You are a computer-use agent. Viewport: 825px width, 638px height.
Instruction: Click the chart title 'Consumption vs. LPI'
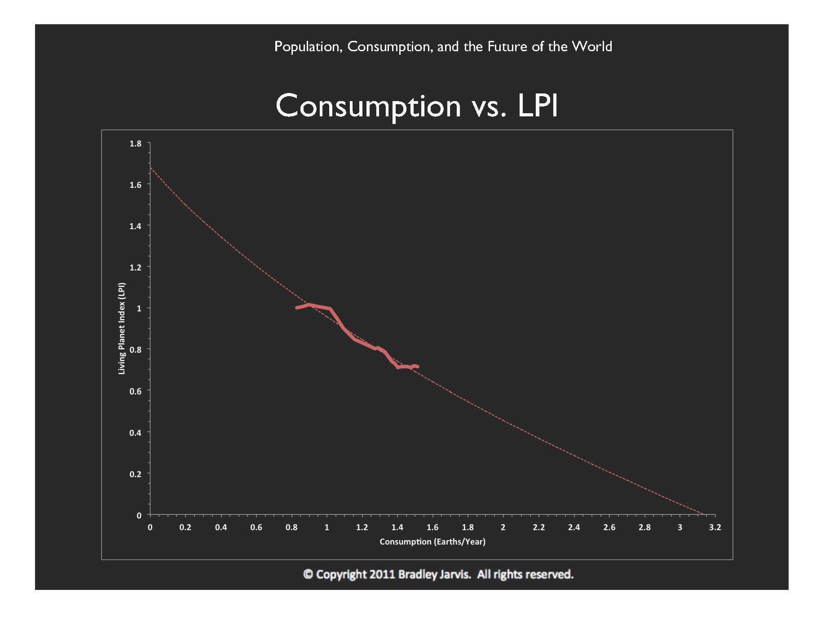tap(416, 106)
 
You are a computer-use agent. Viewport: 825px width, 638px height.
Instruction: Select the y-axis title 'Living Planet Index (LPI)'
tap(122, 328)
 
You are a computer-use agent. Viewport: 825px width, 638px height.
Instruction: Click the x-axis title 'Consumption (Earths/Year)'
tap(432, 542)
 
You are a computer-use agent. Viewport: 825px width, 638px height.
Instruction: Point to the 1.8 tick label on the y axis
tap(135, 144)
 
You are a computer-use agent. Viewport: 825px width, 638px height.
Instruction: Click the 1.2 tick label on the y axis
tap(135, 267)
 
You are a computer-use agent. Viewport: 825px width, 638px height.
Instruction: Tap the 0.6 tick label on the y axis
tap(135, 391)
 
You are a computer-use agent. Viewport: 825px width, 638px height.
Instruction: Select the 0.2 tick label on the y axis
tap(135, 474)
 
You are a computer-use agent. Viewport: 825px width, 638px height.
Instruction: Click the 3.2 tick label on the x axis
tap(715, 527)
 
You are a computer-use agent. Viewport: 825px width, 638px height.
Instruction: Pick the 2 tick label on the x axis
tap(503, 527)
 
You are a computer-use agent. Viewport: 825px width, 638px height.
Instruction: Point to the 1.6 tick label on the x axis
tap(432, 527)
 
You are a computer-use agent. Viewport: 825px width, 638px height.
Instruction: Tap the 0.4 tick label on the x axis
tap(221, 527)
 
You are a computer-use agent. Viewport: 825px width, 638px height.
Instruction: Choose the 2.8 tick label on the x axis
tap(644, 527)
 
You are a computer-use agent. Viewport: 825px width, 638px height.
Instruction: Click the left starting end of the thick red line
tap(296, 308)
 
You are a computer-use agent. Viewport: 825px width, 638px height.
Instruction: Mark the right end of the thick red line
tap(418, 367)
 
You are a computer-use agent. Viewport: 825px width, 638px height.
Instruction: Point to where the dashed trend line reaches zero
tap(704, 514)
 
